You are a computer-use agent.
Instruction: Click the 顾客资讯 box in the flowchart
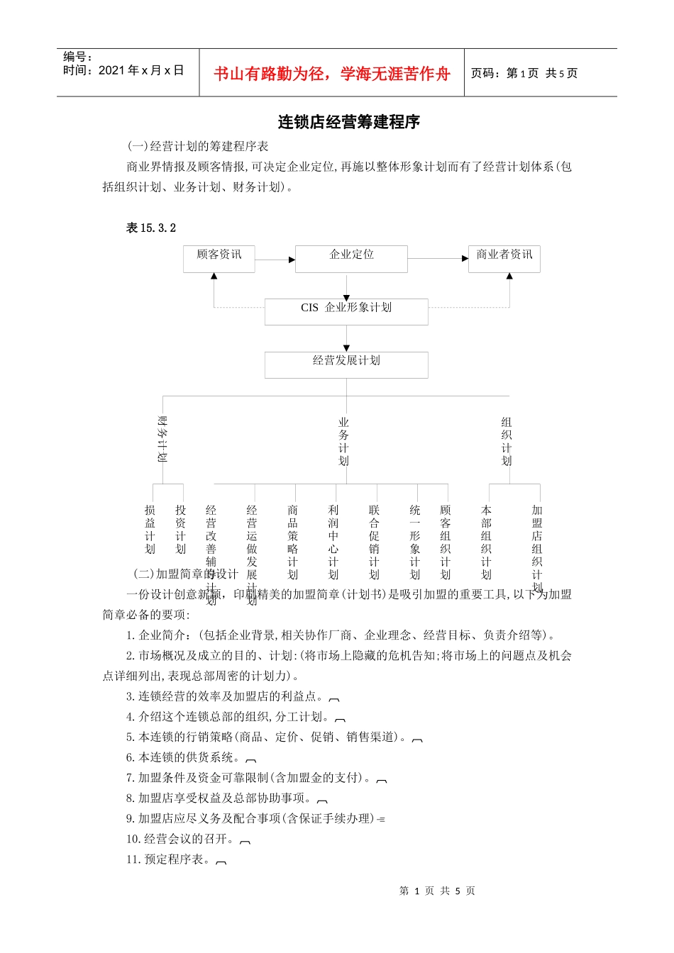[219, 259]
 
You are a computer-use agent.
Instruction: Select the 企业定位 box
[351, 259]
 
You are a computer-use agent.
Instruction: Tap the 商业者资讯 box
[504, 259]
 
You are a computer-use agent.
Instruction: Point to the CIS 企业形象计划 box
[346, 311]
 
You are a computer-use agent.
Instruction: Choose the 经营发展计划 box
[346, 364]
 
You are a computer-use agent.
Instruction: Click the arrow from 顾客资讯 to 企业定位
[275, 260]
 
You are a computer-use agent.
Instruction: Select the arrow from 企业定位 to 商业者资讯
[438, 259]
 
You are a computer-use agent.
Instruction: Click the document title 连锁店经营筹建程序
[348, 122]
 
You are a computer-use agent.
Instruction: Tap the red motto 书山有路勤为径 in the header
[331, 74]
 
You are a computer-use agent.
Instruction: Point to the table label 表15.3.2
[151, 228]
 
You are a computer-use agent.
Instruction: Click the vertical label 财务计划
[162, 439]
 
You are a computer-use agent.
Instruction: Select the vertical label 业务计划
[344, 441]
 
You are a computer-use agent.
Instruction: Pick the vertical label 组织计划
[507, 441]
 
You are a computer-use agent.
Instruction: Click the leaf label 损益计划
[150, 530]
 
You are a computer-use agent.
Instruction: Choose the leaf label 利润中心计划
[333, 542]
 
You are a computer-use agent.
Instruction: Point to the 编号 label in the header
[77, 57]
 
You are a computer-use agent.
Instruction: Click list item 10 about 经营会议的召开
[181, 839]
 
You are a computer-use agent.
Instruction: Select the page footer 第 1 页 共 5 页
[437, 891]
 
